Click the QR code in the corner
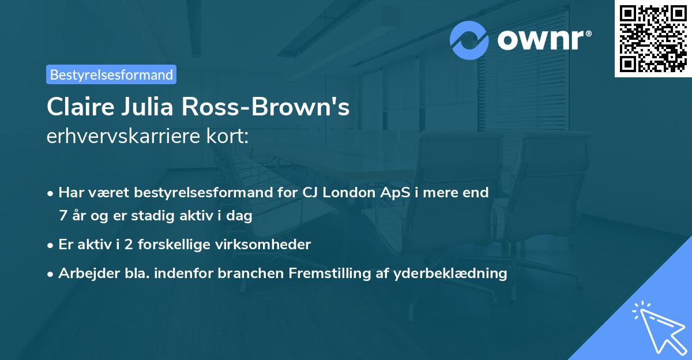(x=653, y=39)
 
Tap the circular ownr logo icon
(x=469, y=40)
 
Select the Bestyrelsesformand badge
(x=111, y=74)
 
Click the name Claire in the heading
(x=81, y=107)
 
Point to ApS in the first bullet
(x=395, y=192)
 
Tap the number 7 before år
(x=62, y=216)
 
